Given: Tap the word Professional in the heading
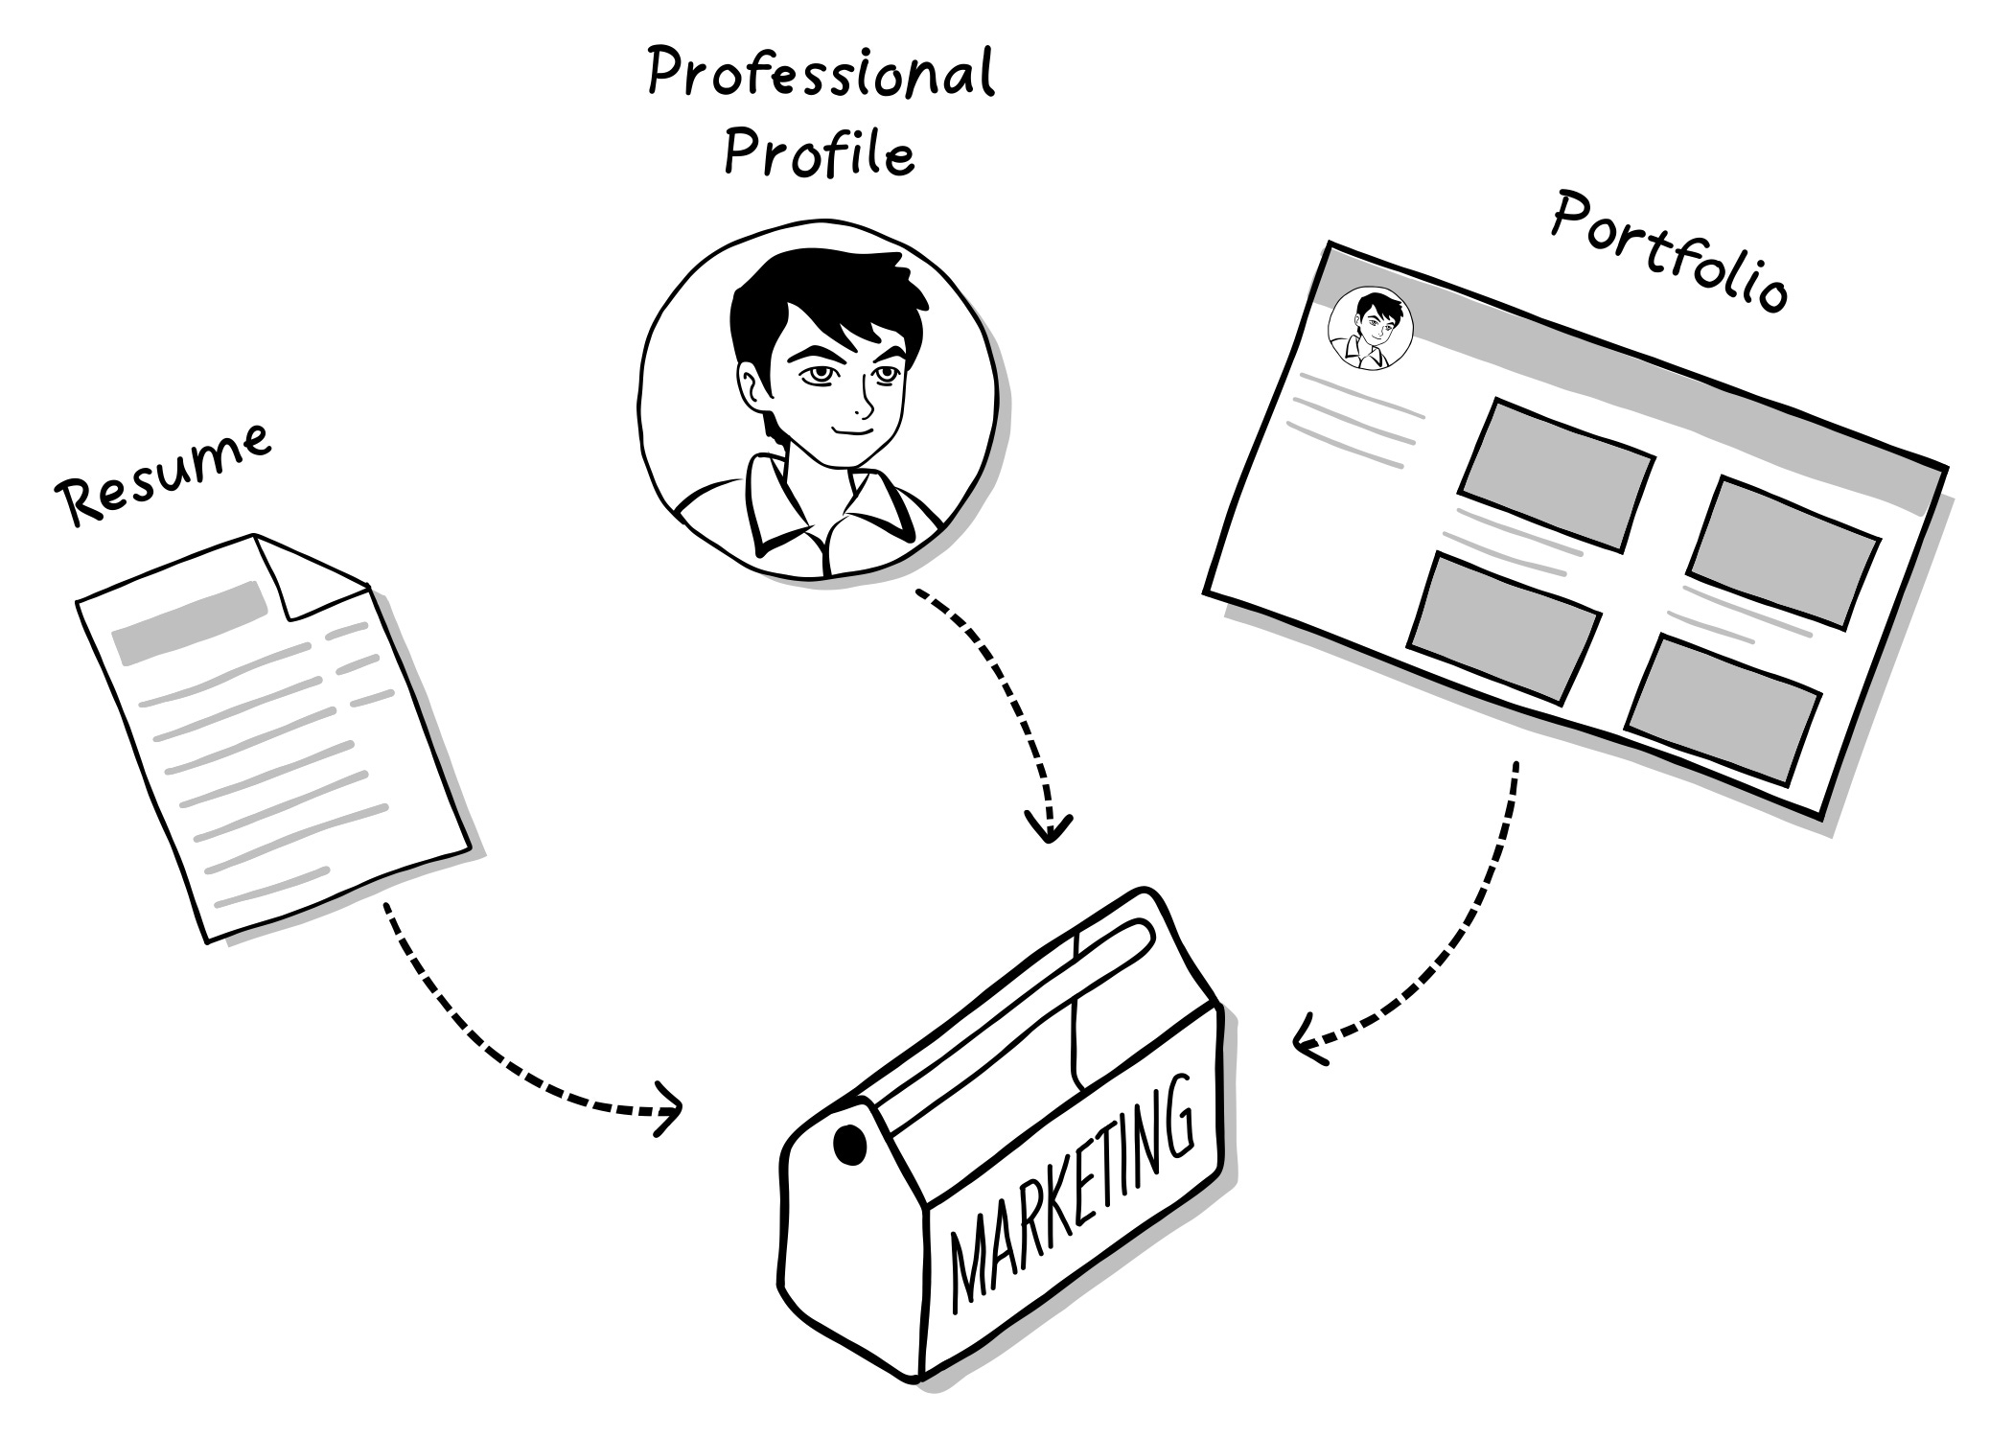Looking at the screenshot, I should coord(821,75).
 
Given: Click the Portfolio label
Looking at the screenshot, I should coord(1669,251).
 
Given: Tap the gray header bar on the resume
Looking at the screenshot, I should coord(190,621).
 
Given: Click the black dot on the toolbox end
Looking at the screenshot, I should coord(849,1144).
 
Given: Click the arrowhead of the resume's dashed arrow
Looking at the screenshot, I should coord(671,1109).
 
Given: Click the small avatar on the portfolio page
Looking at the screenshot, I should coord(1371,328).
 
